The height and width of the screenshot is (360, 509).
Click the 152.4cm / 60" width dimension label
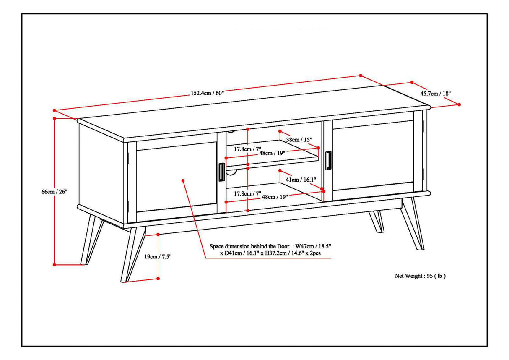208,93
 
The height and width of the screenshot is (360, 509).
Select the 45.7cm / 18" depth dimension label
436,93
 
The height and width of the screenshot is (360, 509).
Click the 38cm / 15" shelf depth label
299,139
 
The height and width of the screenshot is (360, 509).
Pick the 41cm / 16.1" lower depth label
301,179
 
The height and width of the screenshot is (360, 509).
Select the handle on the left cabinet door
221,172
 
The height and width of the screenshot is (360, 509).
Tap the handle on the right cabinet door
328,161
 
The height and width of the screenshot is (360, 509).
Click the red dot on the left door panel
183,180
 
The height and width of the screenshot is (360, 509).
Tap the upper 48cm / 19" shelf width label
272,153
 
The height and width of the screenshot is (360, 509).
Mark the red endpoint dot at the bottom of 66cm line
55,264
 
